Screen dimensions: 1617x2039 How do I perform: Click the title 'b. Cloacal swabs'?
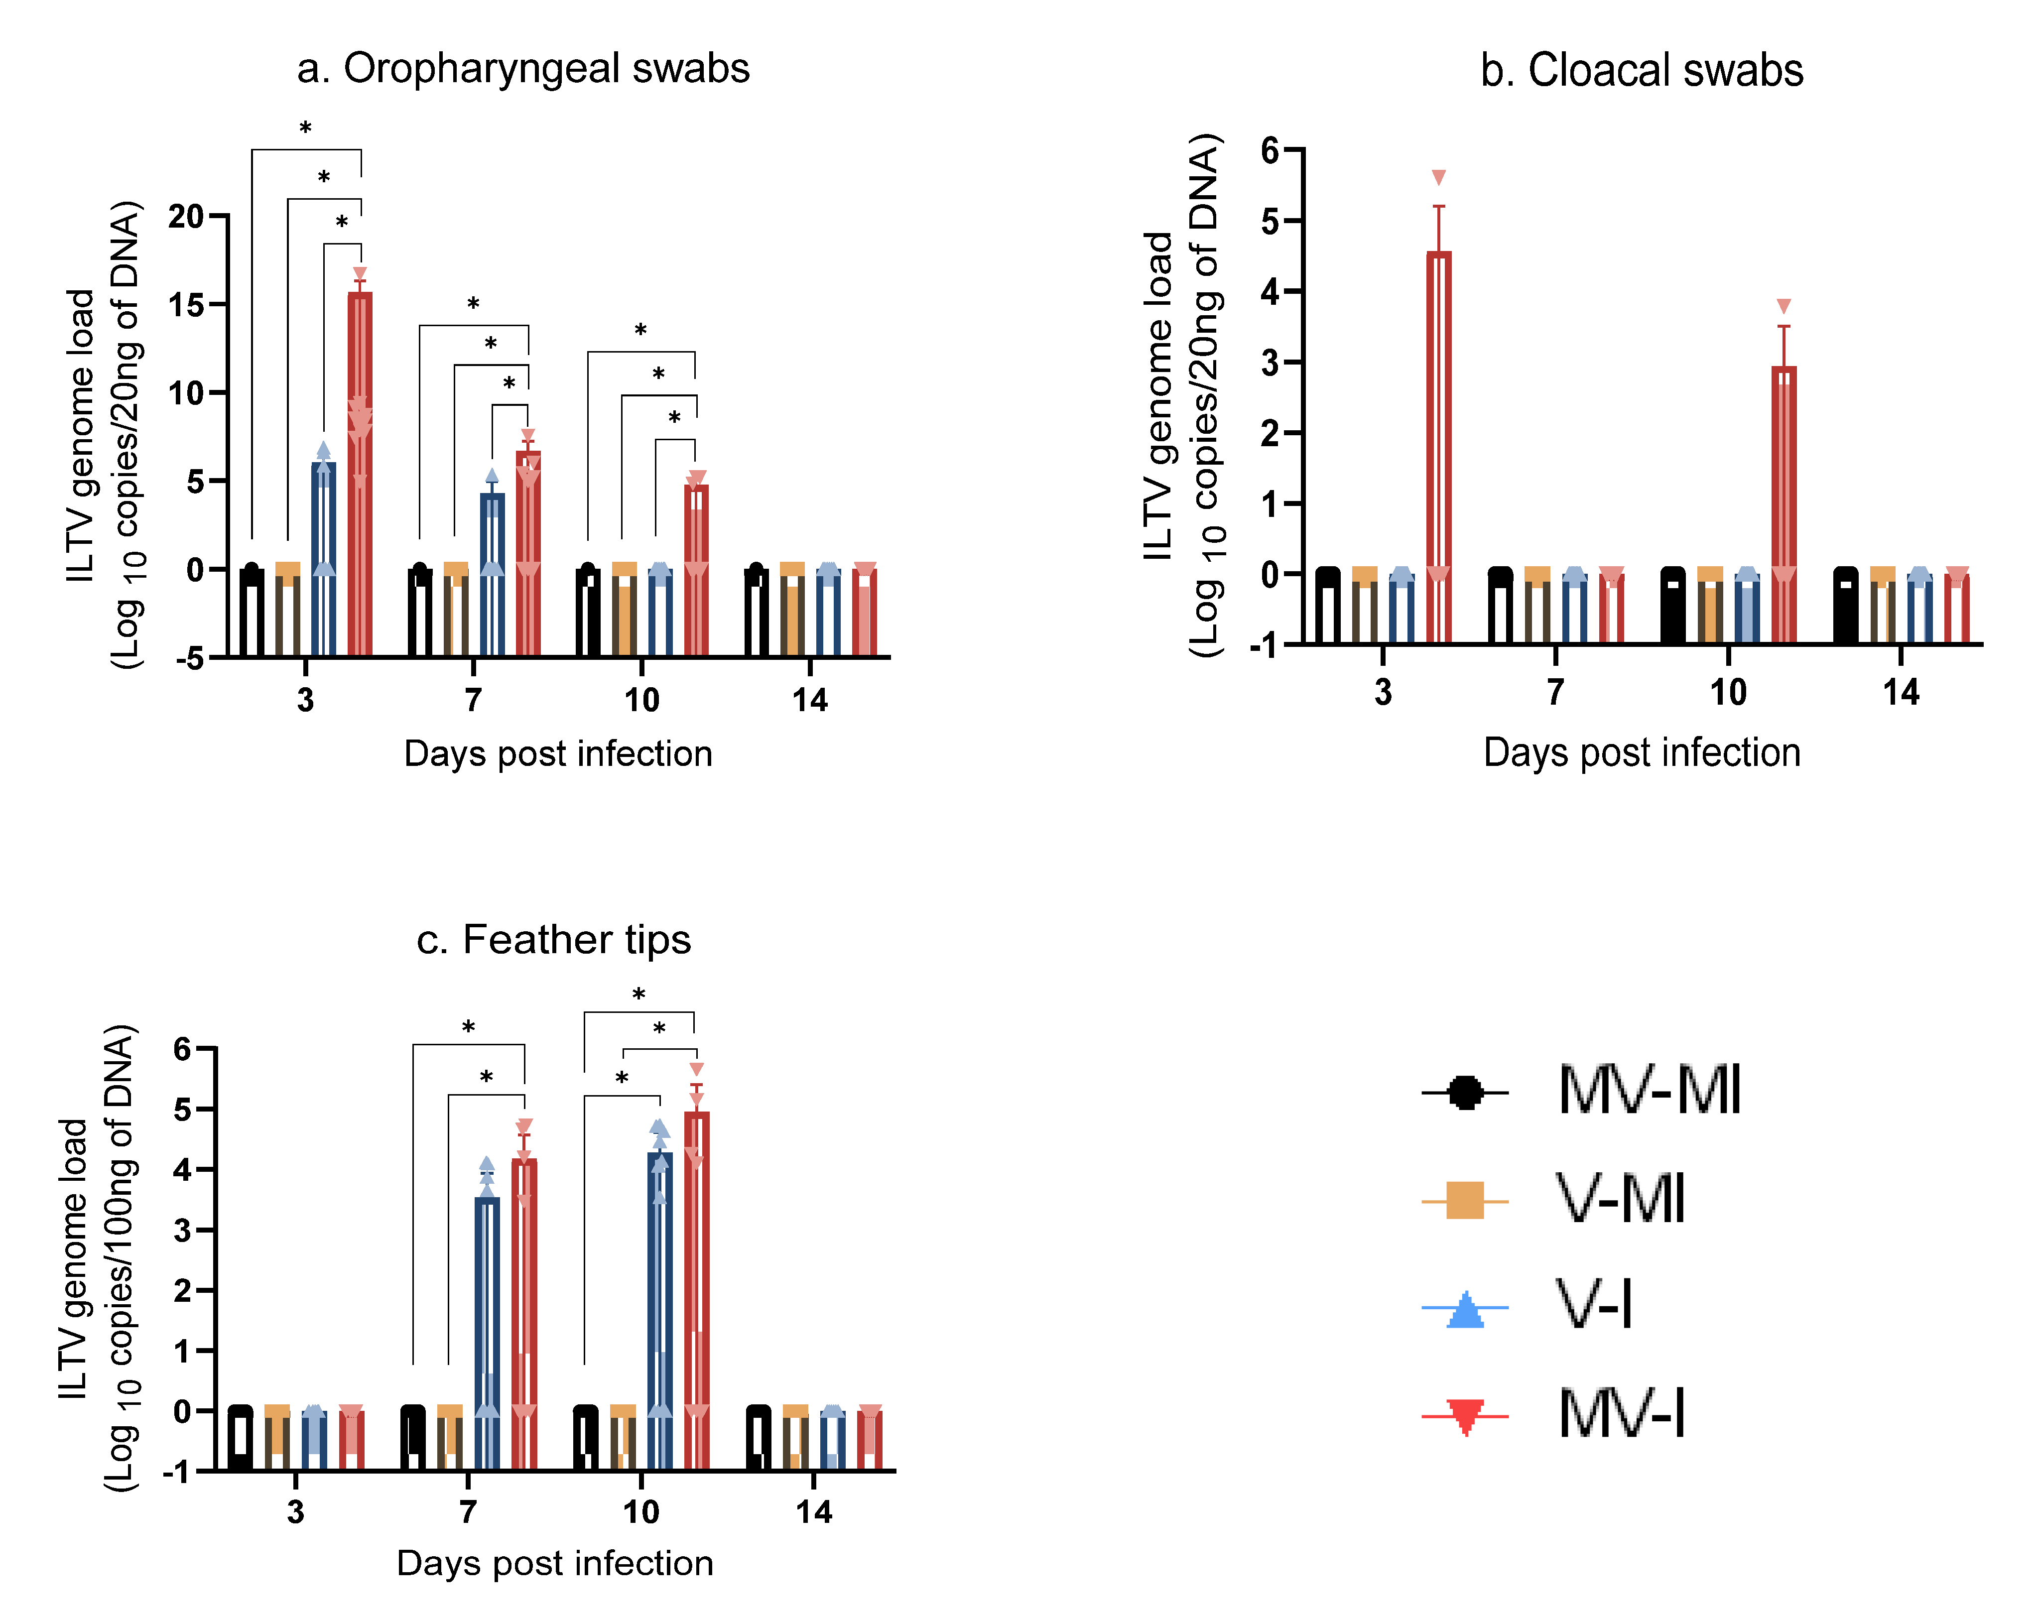tap(1641, 71)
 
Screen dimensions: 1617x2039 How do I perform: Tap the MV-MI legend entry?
tap(1649, 1091)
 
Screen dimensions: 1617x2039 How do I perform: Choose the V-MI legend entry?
tap(1620, 1199)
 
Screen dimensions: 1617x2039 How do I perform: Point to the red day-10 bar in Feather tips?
tap(696, 1267)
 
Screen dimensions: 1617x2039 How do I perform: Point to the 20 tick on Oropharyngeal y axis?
tap(187, 217)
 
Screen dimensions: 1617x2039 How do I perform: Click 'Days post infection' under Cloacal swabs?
tap(1641, 752)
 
